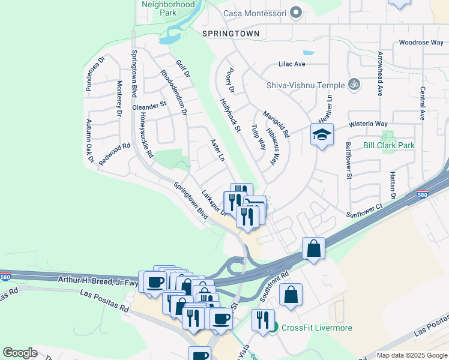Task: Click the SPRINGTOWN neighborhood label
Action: (231, 34)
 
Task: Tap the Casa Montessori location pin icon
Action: (295, 13)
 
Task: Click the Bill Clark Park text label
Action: (389, 145)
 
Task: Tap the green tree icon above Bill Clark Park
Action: (389, 135)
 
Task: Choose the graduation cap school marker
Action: (322, 134)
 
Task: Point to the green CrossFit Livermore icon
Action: (274, 327)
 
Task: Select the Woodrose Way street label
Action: (421, 43)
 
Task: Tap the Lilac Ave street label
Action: (292, 64)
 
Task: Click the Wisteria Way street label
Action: (369, 124)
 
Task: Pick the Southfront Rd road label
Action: (274, 287)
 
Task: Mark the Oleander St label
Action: (149, 106)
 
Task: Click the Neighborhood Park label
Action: (168, 8)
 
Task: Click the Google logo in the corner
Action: (20, 353)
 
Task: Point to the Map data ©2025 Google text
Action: (411, 355)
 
